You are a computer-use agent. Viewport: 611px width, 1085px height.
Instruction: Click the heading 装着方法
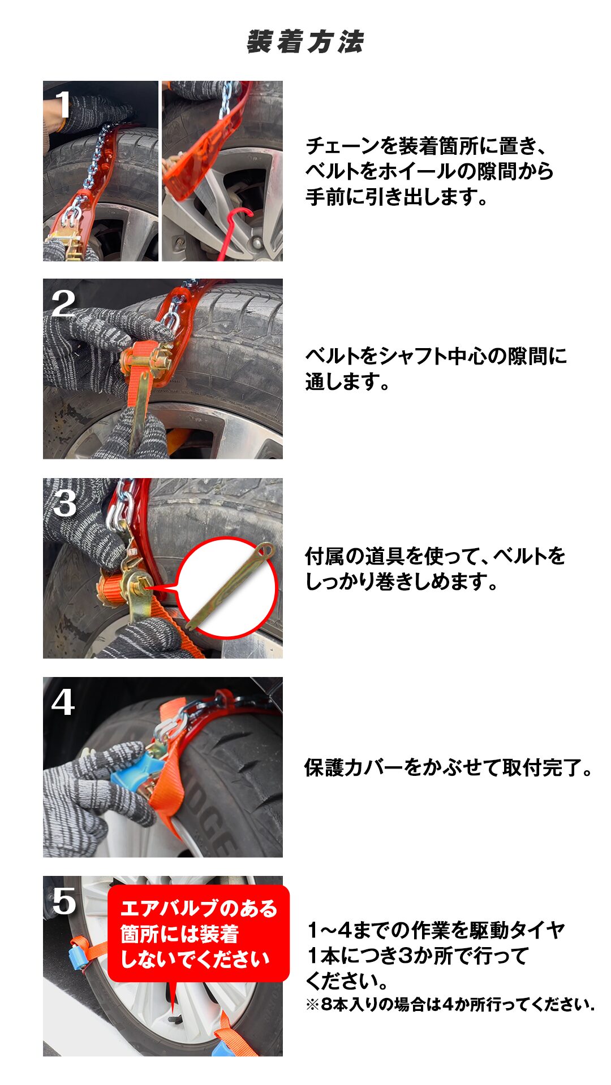[x=305, y=42]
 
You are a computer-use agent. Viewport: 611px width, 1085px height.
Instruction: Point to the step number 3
[x=64, y=503]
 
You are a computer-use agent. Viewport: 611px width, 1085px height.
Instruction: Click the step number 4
[x=63, y=702]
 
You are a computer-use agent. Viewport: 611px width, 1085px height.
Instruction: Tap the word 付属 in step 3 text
[x=325, y=556]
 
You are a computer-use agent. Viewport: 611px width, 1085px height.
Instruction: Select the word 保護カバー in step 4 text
[x=354, y=767]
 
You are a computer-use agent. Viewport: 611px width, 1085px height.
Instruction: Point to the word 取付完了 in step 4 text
[x=541, y=767]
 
